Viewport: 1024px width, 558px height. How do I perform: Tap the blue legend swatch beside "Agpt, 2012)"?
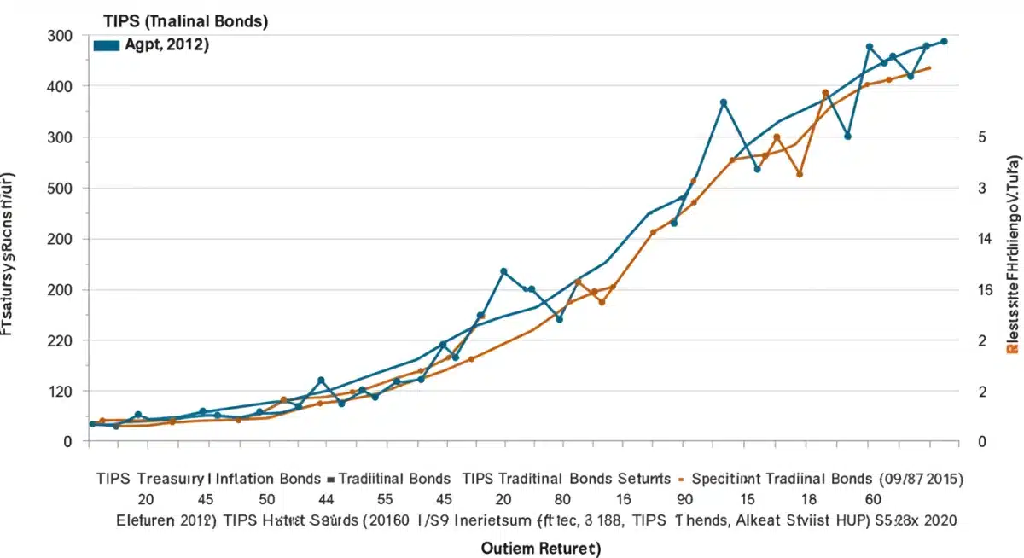106,46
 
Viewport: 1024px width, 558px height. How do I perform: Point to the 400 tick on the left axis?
59,87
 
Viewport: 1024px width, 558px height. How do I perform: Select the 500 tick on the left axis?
59,189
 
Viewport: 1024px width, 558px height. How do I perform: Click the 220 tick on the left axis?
59,341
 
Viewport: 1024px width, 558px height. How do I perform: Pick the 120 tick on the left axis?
59,392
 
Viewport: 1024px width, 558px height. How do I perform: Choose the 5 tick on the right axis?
982,138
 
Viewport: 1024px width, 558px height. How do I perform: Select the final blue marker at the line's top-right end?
944,41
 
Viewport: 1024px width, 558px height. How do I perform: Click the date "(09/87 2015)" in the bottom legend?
921,479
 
